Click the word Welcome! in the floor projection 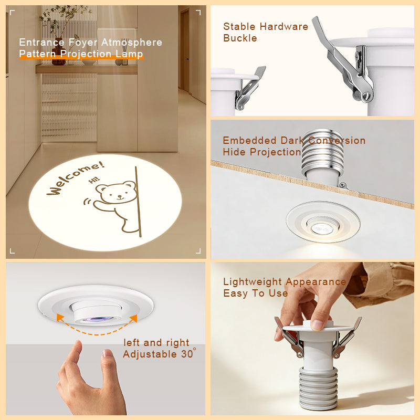click(76, 177)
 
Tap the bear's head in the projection click(117, 192)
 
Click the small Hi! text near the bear click(94, 180)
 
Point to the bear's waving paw click(100, 205)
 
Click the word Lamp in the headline click(129, 54)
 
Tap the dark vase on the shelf click(59, 55)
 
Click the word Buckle click(240, 38)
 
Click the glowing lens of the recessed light click(322, 229)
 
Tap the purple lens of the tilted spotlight click(97, 319)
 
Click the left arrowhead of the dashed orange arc click(60, 318)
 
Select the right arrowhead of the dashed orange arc click(133, 319)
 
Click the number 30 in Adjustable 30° click(187, 354)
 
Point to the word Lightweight click(253, 282)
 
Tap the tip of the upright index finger click(78, 343)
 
